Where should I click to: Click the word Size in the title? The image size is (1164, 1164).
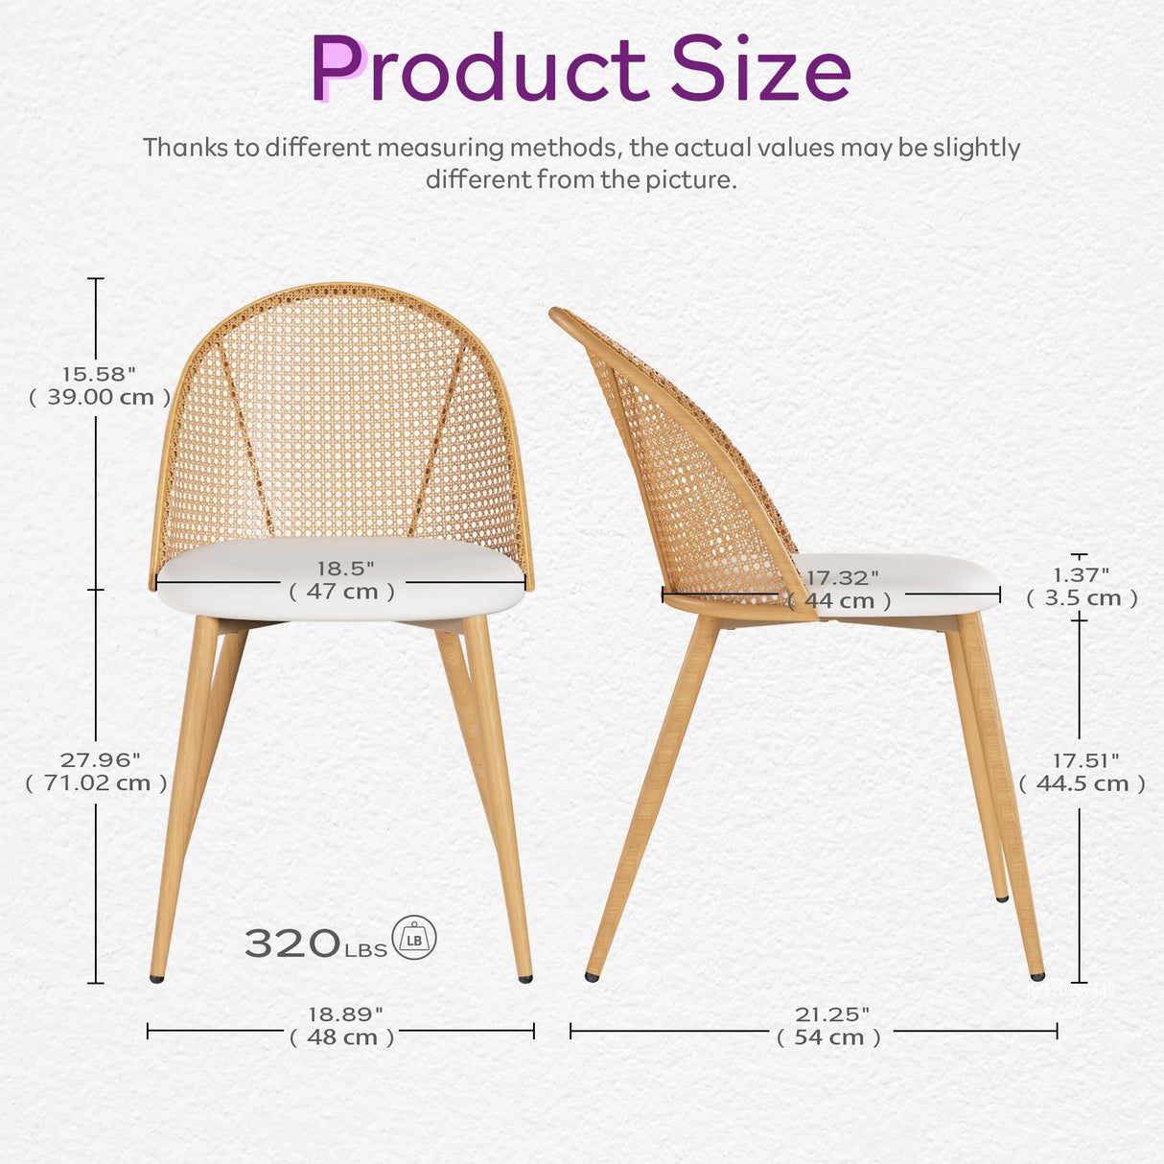[x=759, y=69]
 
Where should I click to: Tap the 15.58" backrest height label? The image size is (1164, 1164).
[x=99, y=374]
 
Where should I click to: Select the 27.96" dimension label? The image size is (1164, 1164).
[x=99, y=759]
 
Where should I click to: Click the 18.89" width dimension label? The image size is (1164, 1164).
[x=344, y=1013]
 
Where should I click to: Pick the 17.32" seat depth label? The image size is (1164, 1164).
[x=842, y=578]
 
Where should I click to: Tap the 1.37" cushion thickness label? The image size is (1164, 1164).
[x=1081, y=574]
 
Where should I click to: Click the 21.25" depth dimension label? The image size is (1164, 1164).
[x=831, y=1013]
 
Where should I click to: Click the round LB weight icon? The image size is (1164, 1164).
[x=414, y=938]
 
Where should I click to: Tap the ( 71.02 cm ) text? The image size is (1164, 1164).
[x=97, y=783]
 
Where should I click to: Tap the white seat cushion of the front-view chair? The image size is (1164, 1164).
[x=340, y=609]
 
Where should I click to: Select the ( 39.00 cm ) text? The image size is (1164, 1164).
[x=100, y=397]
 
